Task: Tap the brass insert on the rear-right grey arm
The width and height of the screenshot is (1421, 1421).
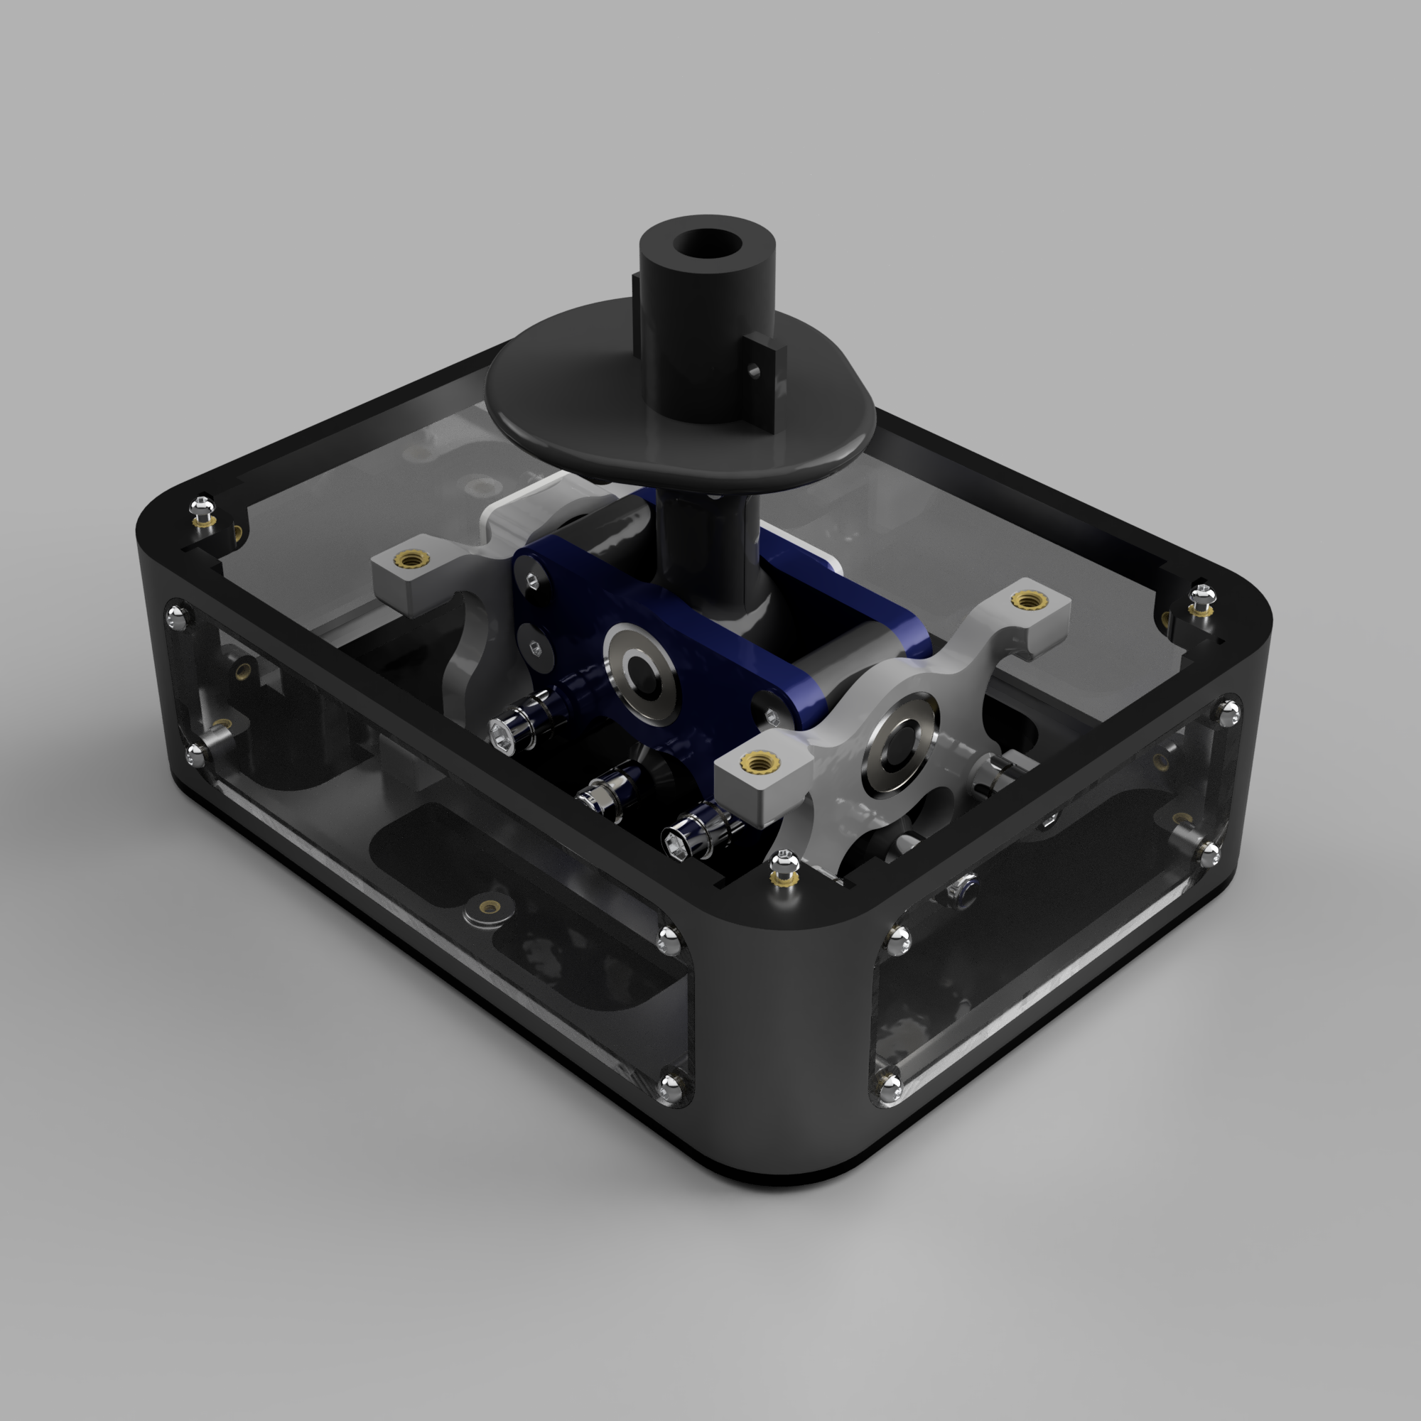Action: click(x=1024, y=601)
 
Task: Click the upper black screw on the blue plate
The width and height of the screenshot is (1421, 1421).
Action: click(x=531, y=582)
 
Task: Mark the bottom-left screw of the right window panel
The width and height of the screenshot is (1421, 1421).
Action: click(x=890, y=1084)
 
